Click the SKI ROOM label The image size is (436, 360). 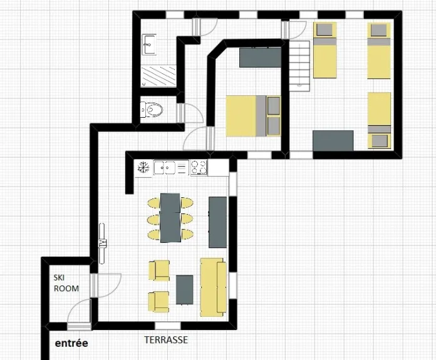coord(66,283)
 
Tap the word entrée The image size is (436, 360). coord(71,343)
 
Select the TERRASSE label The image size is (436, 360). coord(166,340)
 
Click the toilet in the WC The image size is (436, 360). coord(151,110)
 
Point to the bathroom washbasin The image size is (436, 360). coord(148,44)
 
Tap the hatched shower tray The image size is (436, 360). coord(158,76)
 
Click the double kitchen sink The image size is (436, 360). coord(165,168)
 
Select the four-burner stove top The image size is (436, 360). coord(199,168)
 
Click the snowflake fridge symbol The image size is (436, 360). coord(143,168)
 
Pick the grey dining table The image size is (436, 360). coord(170,218)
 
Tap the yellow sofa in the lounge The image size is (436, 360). coord(213,287)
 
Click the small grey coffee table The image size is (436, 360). coord(184,290)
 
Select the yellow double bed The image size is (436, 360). coord(253,116)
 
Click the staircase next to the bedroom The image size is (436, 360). coord(299,66)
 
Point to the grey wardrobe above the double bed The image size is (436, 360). coord(260,57)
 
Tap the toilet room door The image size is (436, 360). coord(191,113)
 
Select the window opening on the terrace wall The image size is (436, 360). coord(168,326)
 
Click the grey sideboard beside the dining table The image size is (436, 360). coord(218,222)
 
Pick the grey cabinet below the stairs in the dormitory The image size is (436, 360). coord(333,141)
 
